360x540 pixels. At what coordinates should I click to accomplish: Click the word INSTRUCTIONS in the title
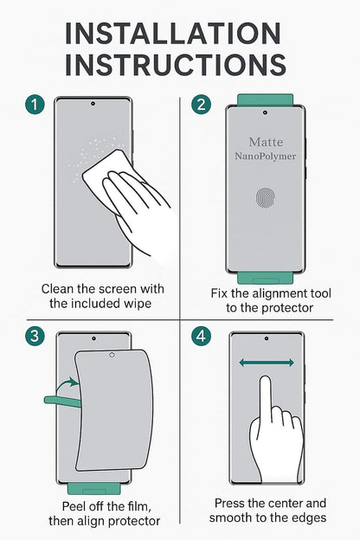click(x=178, y=65)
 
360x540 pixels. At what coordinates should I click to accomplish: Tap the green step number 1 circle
click(x=34, y=106)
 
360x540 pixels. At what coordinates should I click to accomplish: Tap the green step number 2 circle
click(x=202, y=106)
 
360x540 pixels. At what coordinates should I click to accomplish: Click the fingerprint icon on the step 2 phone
click(x=266, y=198)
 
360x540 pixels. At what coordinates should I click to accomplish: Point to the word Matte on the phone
click(x=265, y=141)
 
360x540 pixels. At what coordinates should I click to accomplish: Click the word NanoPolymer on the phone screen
click(x=265, y=157)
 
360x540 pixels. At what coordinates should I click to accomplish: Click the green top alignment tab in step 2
click(x=265, y=100)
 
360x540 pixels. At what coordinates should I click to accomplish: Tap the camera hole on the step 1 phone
click(x=93, y=104)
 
